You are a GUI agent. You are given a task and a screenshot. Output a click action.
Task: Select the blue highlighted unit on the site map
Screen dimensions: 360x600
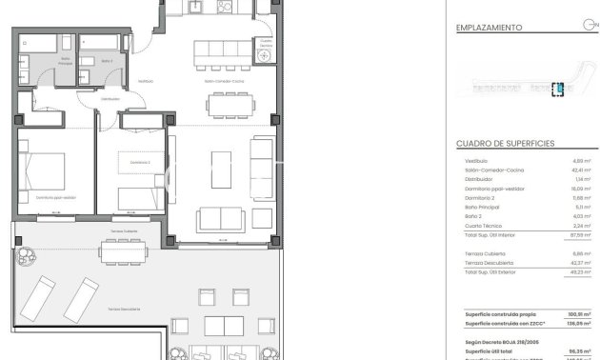(x=560, y=89)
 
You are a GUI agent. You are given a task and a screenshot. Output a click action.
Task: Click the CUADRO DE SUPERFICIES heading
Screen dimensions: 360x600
(x=505, y=143)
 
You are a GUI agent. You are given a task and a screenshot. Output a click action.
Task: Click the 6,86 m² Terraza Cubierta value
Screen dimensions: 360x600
(x=575, y=253)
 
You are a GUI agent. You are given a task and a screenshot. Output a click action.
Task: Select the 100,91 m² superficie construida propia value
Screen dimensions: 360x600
(x=572, y=313)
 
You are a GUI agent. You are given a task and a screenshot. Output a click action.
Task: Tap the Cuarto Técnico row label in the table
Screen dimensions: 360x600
(x=479, y=225)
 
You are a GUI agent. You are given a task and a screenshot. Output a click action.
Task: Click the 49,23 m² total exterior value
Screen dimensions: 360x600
(x=573, y=271)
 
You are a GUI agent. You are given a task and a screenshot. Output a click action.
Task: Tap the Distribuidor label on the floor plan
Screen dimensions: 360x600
(x=110, y=98)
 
